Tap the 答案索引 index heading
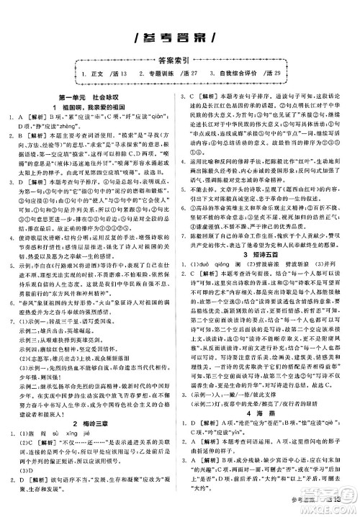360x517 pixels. click(x=179, y=61)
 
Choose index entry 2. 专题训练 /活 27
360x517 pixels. click(x=183, y=75)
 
